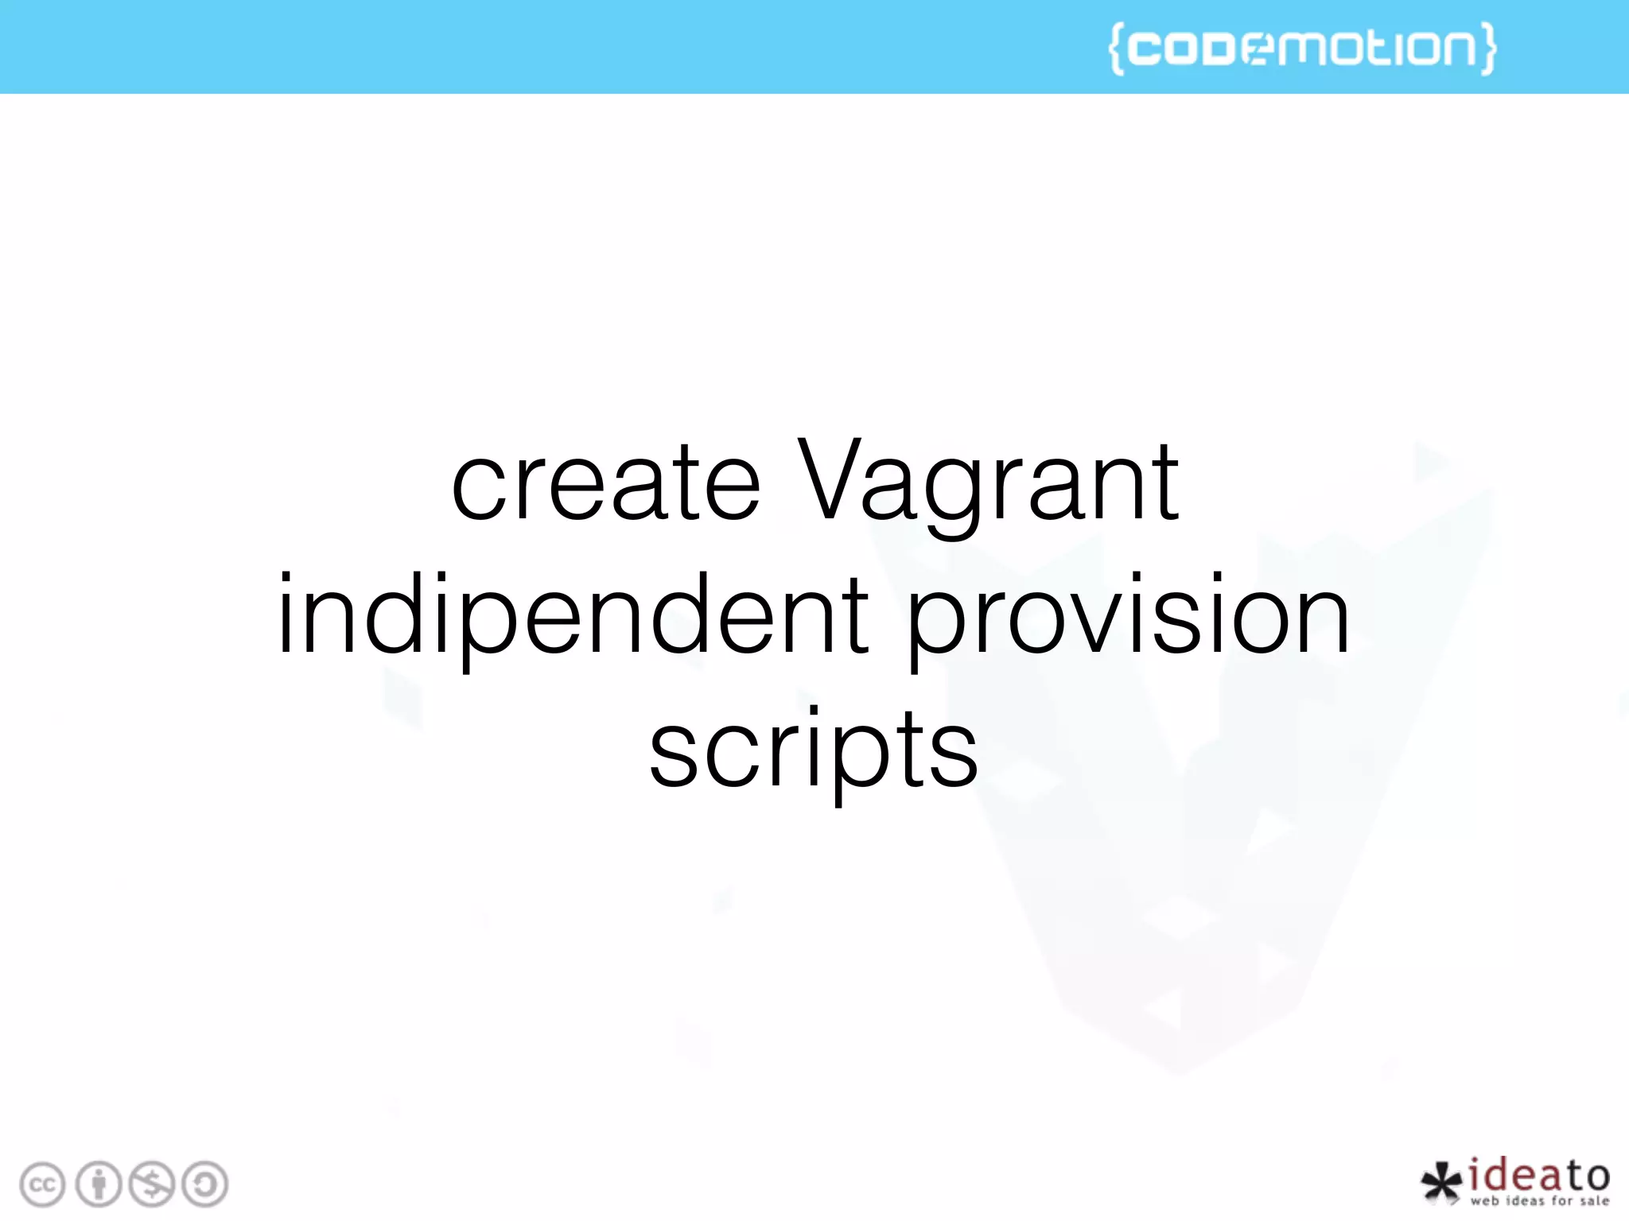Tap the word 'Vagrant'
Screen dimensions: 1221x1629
pyautogui.click(x=988, y=485)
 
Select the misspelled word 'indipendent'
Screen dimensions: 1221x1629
pyautogui.click(x=573, y=617)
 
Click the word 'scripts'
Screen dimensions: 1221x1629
pyautogui.click(x=813, y=750)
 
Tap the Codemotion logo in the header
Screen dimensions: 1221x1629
pyautogui.click(x=1302, y=48)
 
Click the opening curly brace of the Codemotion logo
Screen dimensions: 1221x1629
pyautogui.click(x=1117, y=48)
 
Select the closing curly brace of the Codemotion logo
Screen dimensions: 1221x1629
pyautogui.click(x=1487, y=48)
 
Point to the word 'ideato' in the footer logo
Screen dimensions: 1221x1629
pyautogui.click(x=1538, y=1174)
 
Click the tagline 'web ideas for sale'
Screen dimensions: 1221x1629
pyautogui.click(x=1539, y=1201)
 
